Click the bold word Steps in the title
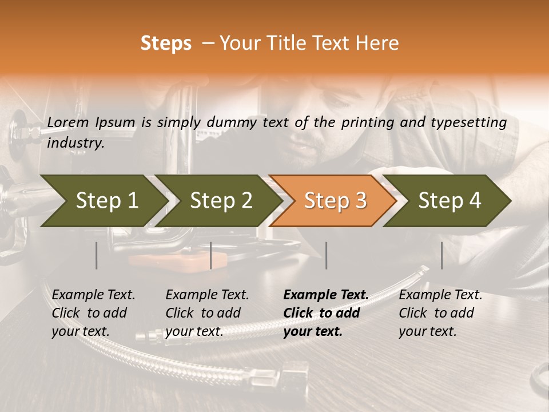[166, 43]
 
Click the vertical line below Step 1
[97, 255]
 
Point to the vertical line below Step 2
[211, 255]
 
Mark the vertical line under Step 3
[326, 255]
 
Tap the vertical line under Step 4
[441, 255]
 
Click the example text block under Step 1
[93, 313]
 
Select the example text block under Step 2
[207, 313]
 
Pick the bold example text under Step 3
[326, 313]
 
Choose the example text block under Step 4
[440, 313]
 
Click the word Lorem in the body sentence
[68, 122]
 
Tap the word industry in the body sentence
[75, 143]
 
